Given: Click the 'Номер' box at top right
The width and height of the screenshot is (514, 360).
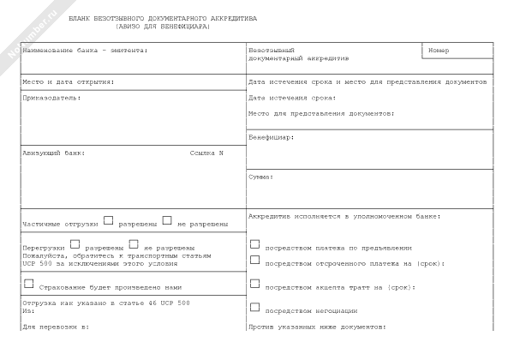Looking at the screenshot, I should click(457, 51).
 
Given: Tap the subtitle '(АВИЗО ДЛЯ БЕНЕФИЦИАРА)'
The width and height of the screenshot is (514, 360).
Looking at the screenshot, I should click(163, 27).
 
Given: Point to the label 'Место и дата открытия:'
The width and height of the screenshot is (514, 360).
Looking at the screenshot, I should click(68, 82).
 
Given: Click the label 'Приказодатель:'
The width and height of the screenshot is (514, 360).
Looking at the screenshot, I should click(51, 99).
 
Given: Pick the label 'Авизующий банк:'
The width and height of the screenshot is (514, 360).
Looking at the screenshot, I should click(53, 153).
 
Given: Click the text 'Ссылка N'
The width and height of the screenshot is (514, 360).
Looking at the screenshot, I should click(206, 153).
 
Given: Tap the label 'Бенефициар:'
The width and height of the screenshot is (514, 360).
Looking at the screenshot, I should click(272, 137).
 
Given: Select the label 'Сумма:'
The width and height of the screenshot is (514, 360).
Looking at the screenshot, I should click(261, 177).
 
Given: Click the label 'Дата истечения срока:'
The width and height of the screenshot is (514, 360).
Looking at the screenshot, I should click(292, 98).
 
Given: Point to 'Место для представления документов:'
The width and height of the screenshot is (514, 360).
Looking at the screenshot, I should click(321, 113).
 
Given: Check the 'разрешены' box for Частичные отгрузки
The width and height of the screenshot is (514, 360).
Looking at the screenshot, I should click(108, 220).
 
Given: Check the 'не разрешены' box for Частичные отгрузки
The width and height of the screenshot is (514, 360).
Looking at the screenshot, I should click(167, 220).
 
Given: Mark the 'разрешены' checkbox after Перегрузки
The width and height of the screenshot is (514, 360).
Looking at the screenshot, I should click(75, 244).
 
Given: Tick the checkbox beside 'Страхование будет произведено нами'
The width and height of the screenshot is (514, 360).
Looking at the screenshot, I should click(28, 284).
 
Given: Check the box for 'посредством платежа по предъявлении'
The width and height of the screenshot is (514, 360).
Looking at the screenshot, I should click(254, 244).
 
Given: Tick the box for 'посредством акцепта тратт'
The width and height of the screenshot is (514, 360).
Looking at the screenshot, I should click(254, 283).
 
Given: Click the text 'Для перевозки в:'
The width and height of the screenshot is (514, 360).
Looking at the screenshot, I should click(55, 327).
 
